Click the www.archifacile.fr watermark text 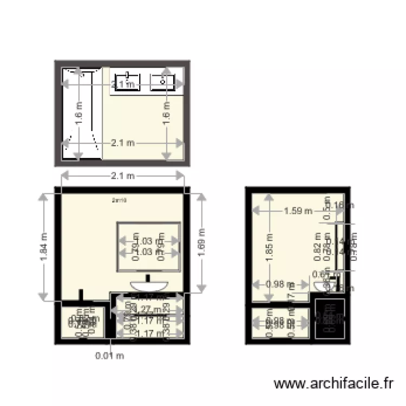pos(333,384)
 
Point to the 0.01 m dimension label pos(110,356)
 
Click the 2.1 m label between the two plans pos(122,175)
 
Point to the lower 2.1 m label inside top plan pos(122,143)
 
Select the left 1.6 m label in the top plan pos(78,114)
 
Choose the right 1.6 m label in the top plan pos(167,114)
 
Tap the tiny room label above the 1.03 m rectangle pos(119,200)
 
